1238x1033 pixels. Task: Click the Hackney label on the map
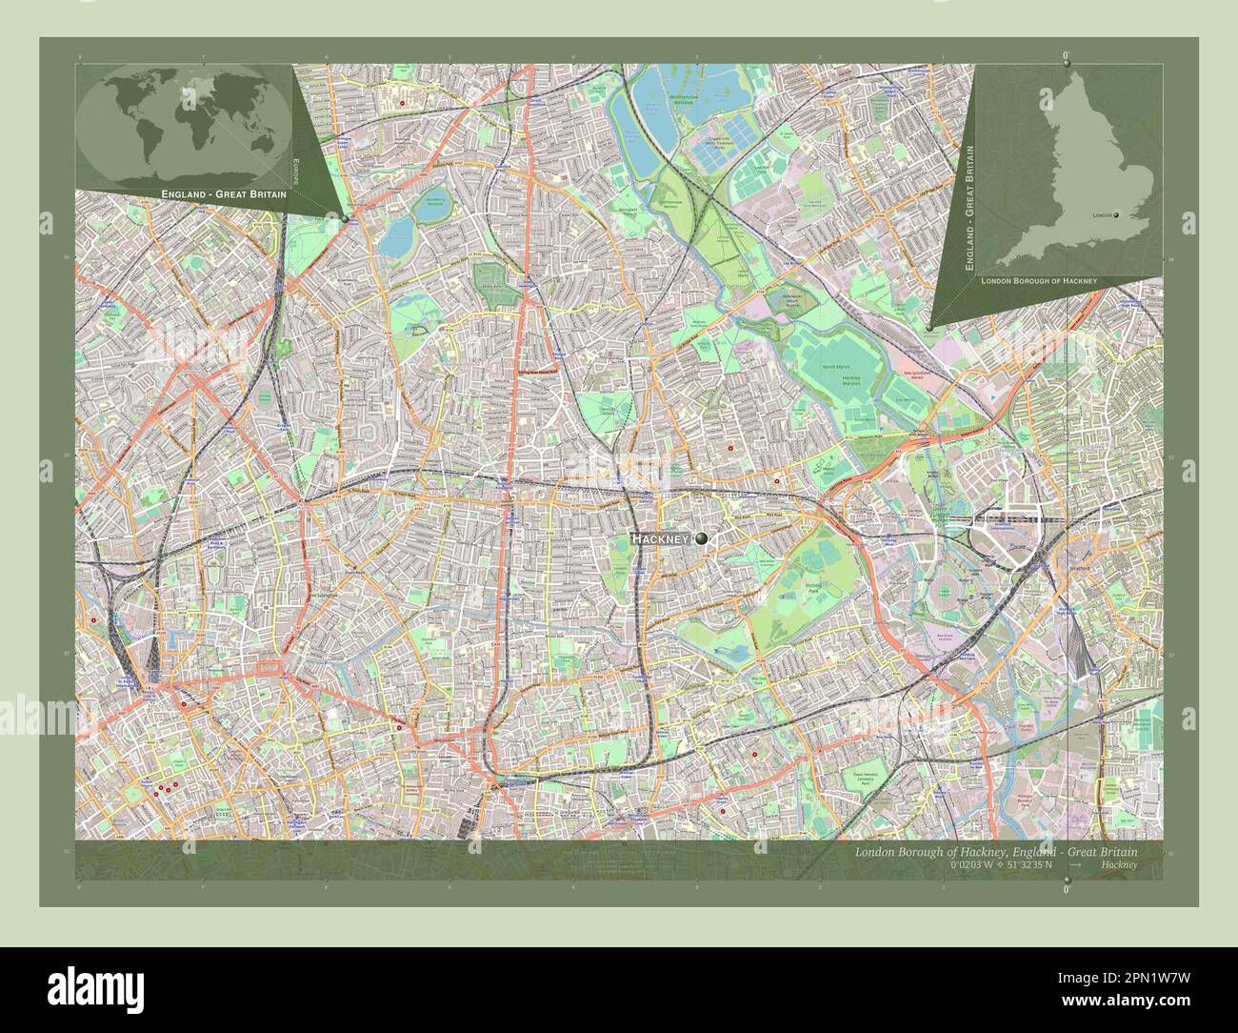(660, 540)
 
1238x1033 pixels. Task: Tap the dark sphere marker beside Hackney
(702, 539)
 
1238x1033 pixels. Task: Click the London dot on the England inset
(1128, 215)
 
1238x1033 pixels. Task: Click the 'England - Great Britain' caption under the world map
(218, 194)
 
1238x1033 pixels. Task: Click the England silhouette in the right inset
(1086, 172)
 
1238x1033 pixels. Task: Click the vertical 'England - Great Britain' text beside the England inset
(969, 210)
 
